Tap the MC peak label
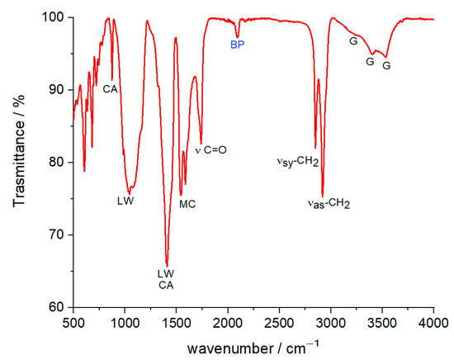187,204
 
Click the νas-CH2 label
329,202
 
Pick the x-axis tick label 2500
279,322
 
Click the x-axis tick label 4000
433,322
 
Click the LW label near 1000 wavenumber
125,200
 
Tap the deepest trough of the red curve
167,265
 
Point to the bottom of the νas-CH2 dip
323,195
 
